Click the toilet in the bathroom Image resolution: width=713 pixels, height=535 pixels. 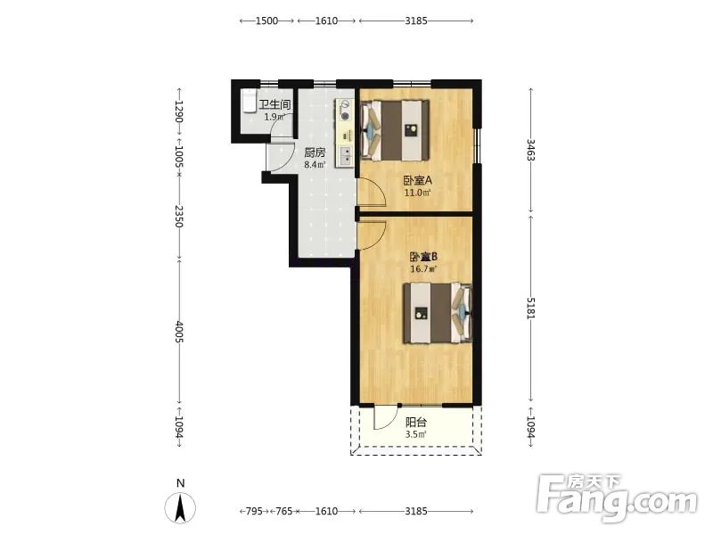pyautogui.click(x=249, y=101)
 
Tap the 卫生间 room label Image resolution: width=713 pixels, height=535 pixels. pyautogui.click(x=275, y=105)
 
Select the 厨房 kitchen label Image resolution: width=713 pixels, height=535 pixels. pyautogui.click(x=315, y=152)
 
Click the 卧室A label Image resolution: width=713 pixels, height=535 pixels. pyautogui.click(x=417, y=180)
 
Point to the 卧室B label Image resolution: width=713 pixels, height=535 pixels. pyautogui.click(x=423, y=257)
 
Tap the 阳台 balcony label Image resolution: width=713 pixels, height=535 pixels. pyautogui.click(x=415, y=422)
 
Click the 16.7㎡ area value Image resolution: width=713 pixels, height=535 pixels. pyautogui.click(x=423, y=269)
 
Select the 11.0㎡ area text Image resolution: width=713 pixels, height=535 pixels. pyautogui.click(x=417, y=193)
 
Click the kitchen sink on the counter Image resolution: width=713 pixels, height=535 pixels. pyautogui.click(x=346, y=155)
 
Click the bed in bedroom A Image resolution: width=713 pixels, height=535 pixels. pyautogui.click(x=395, y=130)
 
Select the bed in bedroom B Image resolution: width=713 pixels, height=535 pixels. pyautogui.click(x=438, y=313)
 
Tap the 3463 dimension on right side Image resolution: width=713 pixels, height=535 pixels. pyautogui.click(x=530, y=150)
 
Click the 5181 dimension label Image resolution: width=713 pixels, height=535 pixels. pyautogui.click(x=530, y=308)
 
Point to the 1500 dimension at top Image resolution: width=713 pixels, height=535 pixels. pyautogui.click(x=266, y=21)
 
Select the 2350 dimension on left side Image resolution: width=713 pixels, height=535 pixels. pyautogui.click(x=180, y=217)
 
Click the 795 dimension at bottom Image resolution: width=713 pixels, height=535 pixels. pyautogui.click(x=254, y=511)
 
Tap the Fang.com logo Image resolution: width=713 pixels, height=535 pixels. pyautogui.click(x=616, y=498)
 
